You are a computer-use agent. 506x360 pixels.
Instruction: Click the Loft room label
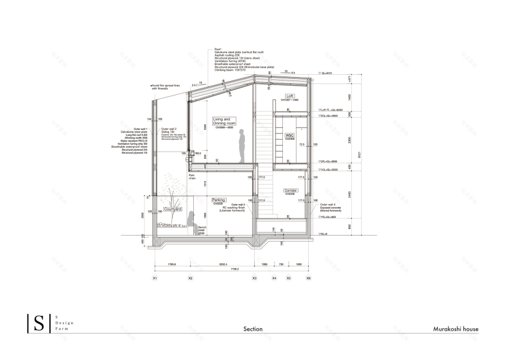(290, 96)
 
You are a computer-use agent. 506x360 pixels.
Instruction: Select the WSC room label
(289, 136)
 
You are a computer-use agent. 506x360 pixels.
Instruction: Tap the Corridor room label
(290, 190)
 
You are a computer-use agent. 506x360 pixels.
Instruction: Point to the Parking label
(218, 200)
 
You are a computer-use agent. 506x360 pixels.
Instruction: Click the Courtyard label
(172, 209)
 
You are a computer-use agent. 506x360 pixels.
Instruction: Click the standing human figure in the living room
(242, 147)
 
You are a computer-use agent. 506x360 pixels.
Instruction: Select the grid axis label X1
(155, 278)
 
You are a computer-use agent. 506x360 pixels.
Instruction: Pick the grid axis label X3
(255, 278)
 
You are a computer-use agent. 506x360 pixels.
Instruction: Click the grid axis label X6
(308, 278)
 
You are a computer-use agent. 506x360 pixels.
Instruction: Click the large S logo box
(39, 323)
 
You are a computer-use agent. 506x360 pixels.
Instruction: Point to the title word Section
(252, 330)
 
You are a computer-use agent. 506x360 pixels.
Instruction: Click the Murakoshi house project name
(455, 330)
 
